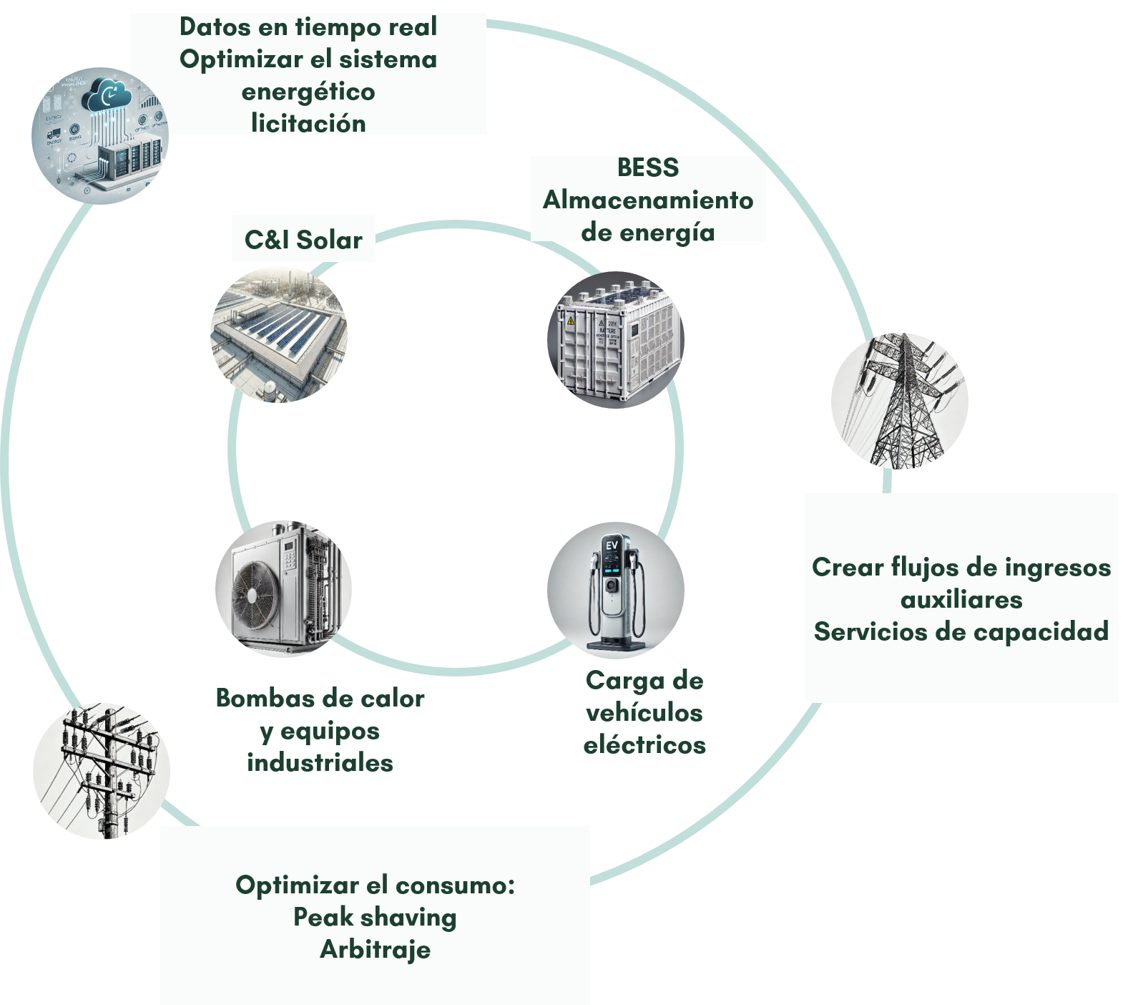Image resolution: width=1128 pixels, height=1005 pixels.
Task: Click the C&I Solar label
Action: tap(303, 240)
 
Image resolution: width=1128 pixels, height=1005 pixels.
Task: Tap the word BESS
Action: tap(648, 167)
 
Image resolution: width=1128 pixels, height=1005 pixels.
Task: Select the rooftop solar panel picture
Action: tap(278, 335)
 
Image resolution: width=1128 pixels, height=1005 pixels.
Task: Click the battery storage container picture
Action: tap(616, 340)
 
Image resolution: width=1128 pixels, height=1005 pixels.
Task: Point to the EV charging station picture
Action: tap(616, 591)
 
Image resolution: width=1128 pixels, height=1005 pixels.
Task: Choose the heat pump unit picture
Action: tap(284, 589)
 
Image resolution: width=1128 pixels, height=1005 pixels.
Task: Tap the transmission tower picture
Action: tap(900, 401)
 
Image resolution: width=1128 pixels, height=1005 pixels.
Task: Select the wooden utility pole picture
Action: tap(102, 771)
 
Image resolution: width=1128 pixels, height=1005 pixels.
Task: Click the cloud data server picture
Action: tap(100, 136)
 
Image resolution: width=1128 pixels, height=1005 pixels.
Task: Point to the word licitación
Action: tap(308, 124)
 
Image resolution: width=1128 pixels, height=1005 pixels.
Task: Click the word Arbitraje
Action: tap(376, 950)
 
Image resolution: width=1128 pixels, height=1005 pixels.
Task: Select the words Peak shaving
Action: tap(376, 917)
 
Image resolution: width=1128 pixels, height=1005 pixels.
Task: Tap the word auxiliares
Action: tap(961, 599)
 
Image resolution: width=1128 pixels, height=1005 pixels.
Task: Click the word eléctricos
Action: tap(644, 745)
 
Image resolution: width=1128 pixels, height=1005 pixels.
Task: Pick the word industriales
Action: tap(320, 763)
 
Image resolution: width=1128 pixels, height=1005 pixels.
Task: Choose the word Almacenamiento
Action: tap(648, 200)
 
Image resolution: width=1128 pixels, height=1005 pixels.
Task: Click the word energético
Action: tap(308, 92)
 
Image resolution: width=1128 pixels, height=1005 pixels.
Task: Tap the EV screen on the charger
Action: tap(612, 545)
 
